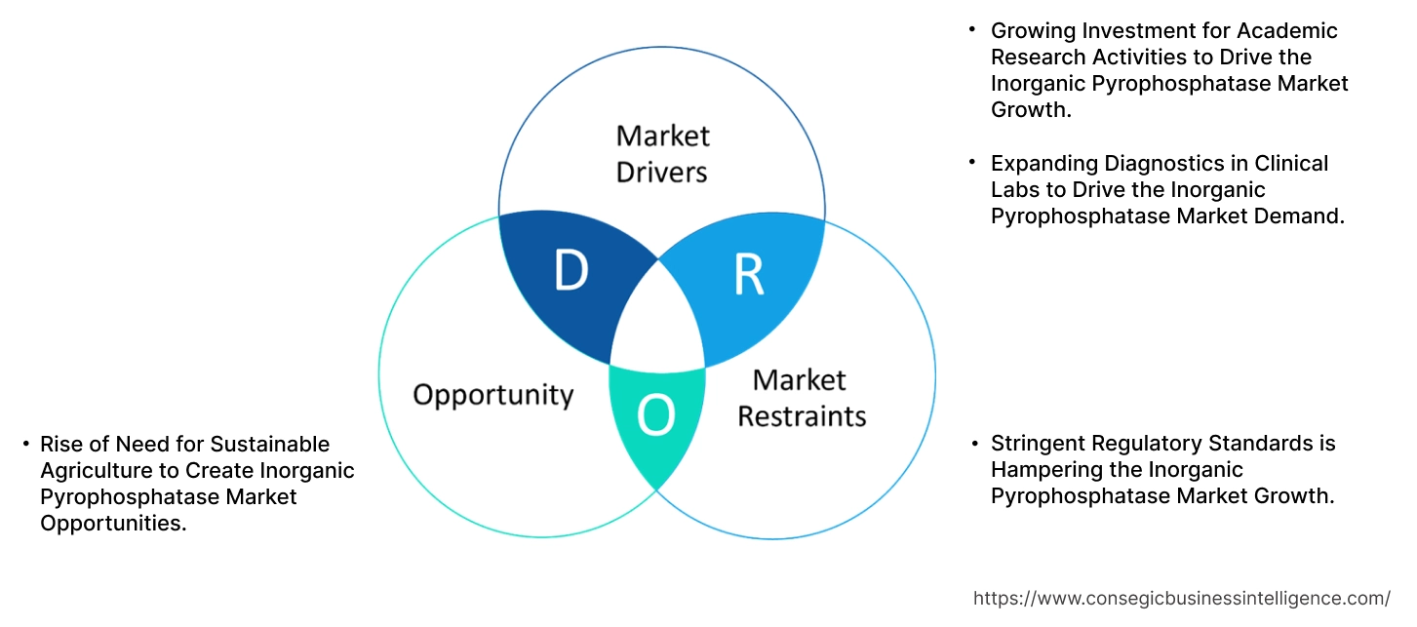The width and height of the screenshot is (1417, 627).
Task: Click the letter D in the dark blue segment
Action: coord(571,271)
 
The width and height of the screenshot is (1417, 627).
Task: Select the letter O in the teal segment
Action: coord(655,417)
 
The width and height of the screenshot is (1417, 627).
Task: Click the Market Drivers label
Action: coord(662,153)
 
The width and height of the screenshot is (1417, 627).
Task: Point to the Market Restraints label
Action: coord(801,398)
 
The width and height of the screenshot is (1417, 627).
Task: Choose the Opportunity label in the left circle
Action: coord(492,395)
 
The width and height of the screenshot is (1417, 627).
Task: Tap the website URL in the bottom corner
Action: coord(1182,599)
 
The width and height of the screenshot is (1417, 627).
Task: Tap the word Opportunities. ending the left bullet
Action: coord(113,524)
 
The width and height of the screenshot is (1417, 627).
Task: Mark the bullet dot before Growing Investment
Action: coord(971,30)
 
